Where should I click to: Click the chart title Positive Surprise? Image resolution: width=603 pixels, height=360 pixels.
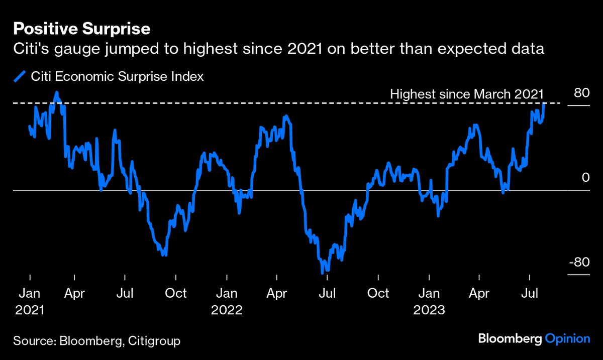click(82, 29)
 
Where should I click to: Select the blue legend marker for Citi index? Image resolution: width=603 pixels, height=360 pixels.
click(20, 77)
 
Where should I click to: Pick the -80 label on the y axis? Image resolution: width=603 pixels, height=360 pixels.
click(578, 263)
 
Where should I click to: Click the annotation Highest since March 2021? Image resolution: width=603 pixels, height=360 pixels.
click(467, 94)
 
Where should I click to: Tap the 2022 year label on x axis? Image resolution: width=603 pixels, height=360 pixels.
click(227, 310)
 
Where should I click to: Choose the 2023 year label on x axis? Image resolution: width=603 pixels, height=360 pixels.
click(429, 310)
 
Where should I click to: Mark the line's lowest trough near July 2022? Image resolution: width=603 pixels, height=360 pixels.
click(322, 273)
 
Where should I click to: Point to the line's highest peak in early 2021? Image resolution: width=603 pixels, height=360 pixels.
click(57, 92)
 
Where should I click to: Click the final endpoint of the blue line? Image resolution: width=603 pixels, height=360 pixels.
click(545, 103)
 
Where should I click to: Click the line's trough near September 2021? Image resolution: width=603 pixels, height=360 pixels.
click(164, 255)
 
